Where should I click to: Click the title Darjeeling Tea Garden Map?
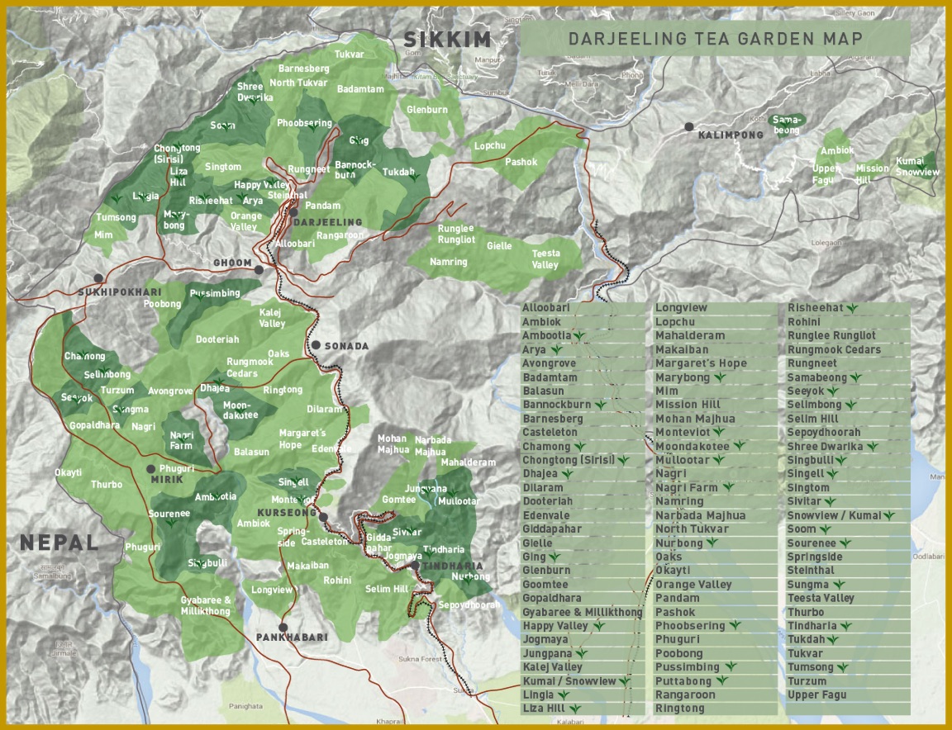click(716, 39)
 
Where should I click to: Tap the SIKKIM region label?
click(447, 39)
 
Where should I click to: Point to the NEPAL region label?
click(59, 543)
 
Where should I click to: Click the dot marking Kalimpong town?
click(688, 126)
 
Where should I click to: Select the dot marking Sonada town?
click(316, 345)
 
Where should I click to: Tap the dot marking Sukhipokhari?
click(98, 278)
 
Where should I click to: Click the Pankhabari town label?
click(292, 638)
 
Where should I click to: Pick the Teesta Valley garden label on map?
click(545, 259)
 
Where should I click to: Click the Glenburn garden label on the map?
click(427, 110)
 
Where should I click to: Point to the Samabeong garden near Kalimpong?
click(785, 125)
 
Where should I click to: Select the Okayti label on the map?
click(68, 473)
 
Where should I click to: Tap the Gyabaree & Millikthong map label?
click(206, 605)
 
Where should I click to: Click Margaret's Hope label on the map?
click(302, 438)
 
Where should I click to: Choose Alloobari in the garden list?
click(546, 308)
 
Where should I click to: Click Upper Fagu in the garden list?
click(817, 695)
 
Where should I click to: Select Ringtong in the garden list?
click(680, 709)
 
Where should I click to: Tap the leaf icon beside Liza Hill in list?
click(575, 709)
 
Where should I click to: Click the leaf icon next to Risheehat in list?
click(850, 308)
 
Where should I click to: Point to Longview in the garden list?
click(681, 308)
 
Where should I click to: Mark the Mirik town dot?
click(151, 469)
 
